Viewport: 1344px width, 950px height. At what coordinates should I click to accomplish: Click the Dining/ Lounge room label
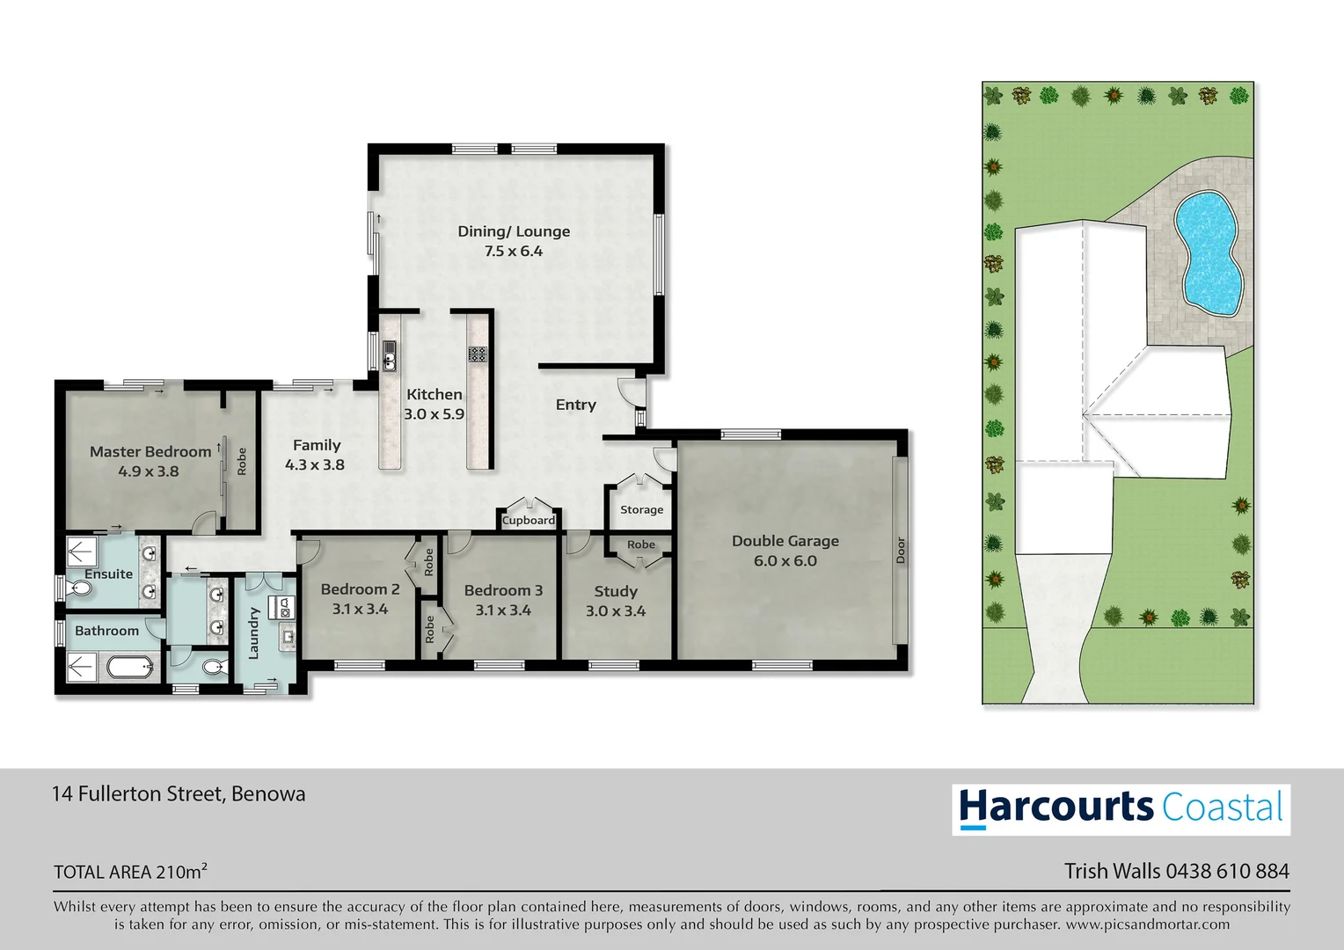point(514,231)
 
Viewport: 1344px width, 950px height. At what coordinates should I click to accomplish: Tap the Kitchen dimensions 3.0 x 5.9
point(434,414)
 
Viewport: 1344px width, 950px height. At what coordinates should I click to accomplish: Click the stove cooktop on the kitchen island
point(478,354)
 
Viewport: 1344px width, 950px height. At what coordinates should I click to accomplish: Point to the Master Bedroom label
point(150,451)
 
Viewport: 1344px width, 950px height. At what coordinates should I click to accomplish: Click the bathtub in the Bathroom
point(129,668)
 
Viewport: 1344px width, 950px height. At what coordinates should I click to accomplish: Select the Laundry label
point(253,632)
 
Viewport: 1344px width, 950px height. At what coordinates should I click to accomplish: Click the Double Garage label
point(785,541)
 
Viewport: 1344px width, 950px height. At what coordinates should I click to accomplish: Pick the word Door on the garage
point(900,551)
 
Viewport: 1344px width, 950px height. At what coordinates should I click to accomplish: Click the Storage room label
point(641,509)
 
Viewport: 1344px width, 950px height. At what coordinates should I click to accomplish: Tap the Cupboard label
point(528,521)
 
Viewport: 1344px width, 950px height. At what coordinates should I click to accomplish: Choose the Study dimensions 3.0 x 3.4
point(616,611)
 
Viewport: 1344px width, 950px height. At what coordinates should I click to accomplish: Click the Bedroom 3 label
point(503,590)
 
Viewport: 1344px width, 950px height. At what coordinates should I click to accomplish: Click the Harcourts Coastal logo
point(1121,808)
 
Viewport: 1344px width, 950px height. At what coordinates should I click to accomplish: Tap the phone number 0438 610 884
point(1227,871)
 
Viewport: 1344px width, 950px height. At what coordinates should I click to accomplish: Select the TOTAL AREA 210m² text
point(130,872)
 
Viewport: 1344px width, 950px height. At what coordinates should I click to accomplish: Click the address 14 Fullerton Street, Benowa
point(179,793)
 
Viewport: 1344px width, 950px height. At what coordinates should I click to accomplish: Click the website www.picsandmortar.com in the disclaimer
point(1147,924)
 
